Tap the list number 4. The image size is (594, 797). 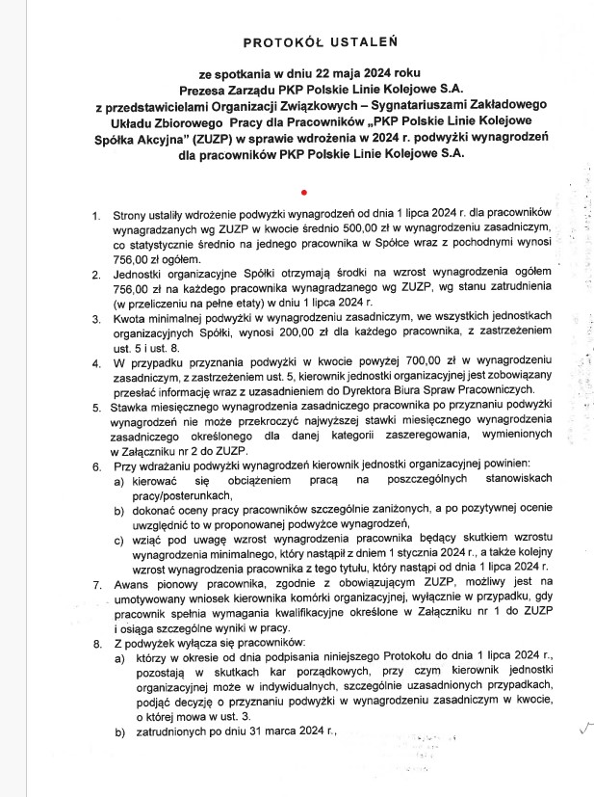click(96, 365)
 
